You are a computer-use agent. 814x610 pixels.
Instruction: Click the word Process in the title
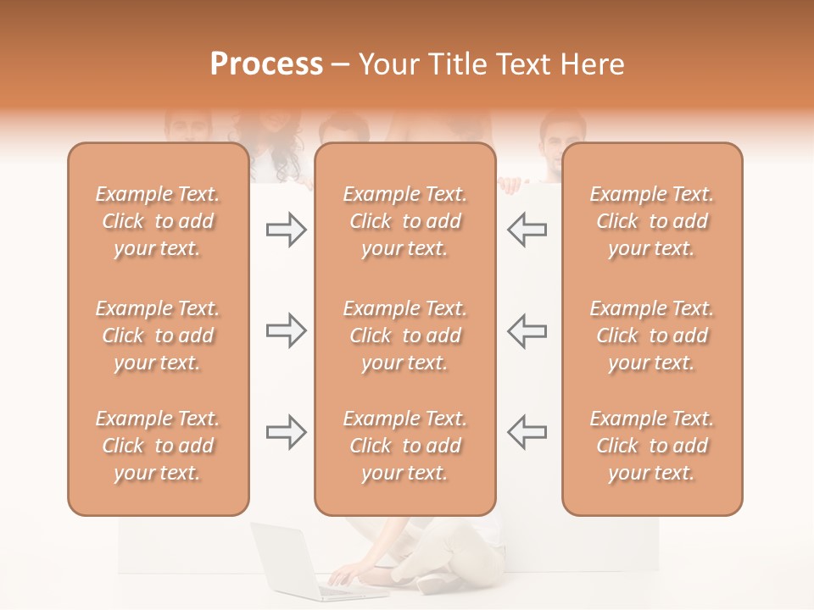click(266, 64)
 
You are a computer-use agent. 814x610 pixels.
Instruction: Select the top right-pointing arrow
click(286, 230)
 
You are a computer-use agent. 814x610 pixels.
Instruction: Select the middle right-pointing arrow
click(286, 330)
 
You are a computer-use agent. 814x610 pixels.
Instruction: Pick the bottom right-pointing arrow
click(286, 432)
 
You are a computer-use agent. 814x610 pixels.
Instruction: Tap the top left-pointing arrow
click(527, 230)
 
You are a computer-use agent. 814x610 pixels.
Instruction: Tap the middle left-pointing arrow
click(527, 330)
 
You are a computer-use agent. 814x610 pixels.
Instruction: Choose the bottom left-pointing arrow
click(527, 432)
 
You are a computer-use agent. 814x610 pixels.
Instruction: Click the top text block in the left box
click(158, 221)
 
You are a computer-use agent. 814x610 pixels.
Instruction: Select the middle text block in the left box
click(158, 335)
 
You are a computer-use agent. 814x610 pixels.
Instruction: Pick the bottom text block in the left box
click(158, 446)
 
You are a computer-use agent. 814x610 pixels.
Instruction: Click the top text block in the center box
click(404, 221)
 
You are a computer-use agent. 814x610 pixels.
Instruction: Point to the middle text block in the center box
click(404, 335)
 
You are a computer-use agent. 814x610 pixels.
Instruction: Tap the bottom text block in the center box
click(404, 446)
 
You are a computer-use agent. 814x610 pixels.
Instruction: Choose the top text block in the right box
click(651, 221)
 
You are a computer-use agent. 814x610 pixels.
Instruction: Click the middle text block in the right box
click(651, 335)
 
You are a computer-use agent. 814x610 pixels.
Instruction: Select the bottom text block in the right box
click(651, 446)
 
